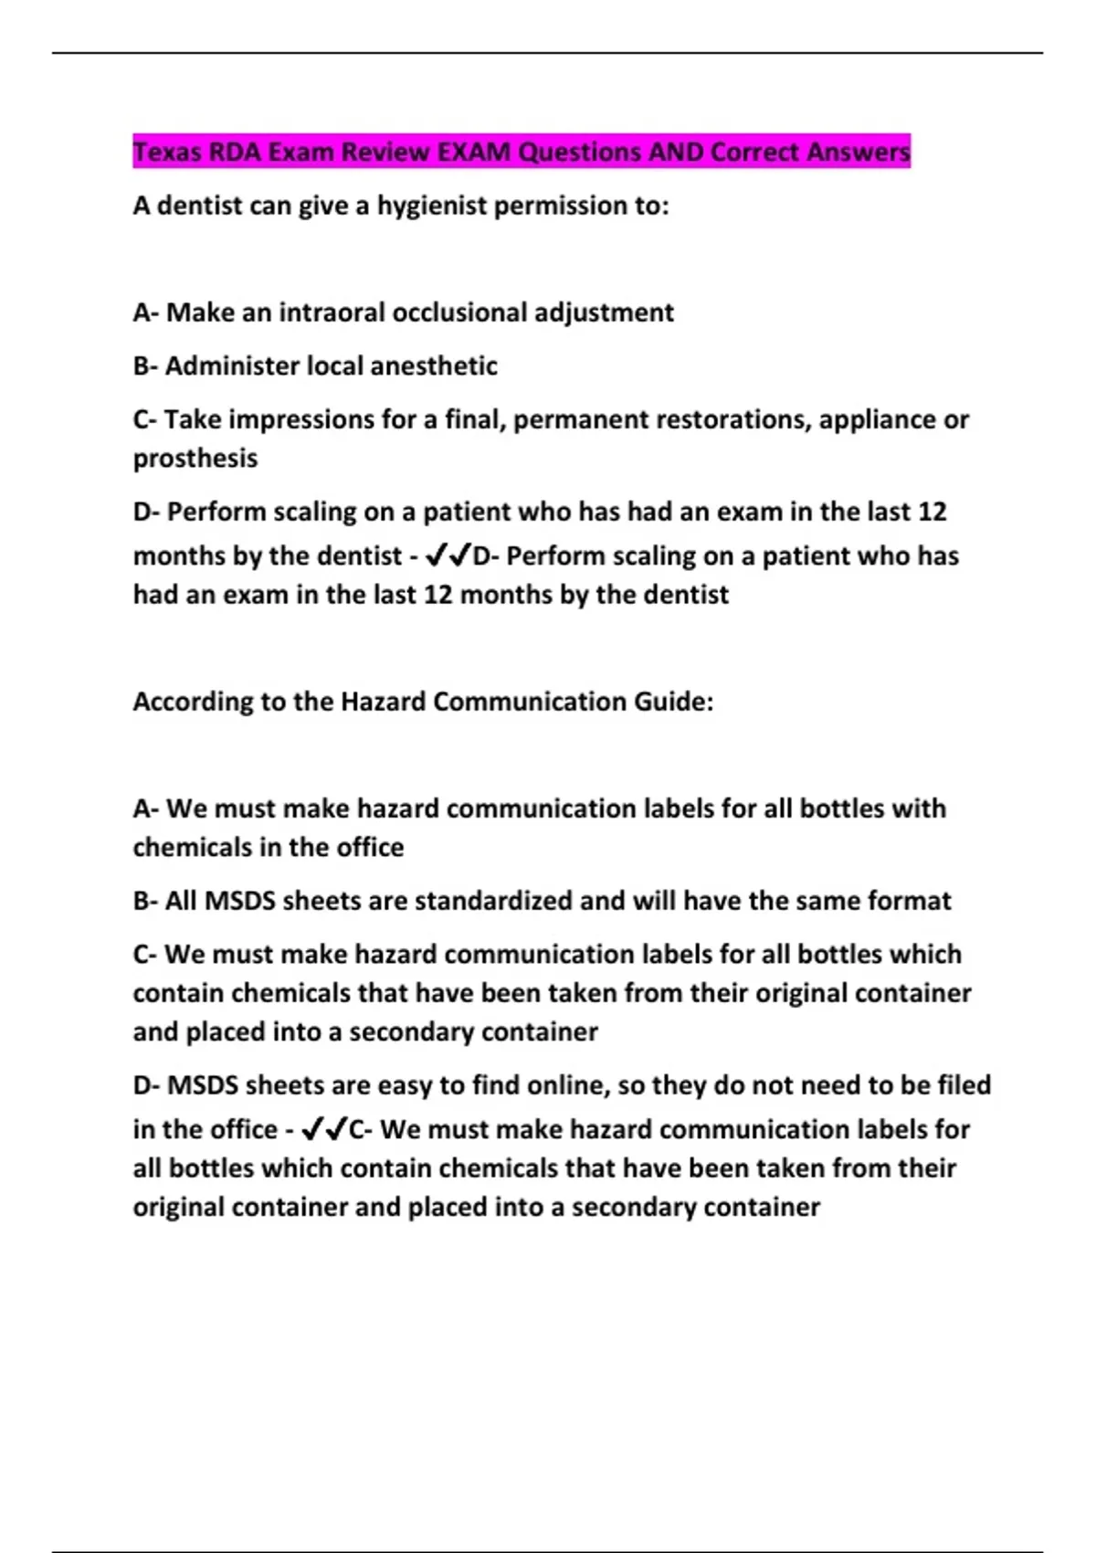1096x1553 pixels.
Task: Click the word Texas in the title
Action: [x=167, y=152]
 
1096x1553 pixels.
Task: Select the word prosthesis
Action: [x=195, y=458]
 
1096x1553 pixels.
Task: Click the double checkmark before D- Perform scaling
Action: [x=448, y=555]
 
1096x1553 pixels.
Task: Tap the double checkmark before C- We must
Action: [x=324, y=1129]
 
